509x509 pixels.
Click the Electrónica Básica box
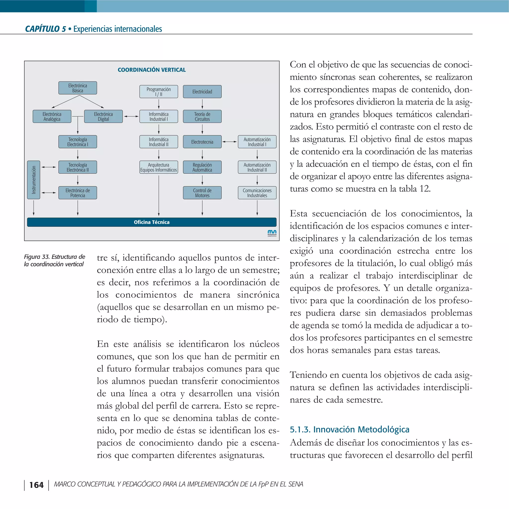[78, 88]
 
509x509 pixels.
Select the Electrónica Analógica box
[52, 117]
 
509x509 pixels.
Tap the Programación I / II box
[159, 92]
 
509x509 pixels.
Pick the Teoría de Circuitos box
[202, 117]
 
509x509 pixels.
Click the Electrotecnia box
[202, 142]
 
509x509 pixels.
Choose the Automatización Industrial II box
[257, 167]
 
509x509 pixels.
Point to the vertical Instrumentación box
[34, 180]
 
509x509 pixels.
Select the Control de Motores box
[202, 193]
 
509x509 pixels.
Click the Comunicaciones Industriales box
[257, 193]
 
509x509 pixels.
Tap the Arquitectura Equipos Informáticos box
[159, 167]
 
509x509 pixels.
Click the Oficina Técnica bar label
[152, 222]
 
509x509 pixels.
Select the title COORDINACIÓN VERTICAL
[152, 70]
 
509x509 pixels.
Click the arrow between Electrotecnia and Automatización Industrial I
[229, 142]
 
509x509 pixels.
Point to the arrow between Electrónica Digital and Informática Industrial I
[131, 116]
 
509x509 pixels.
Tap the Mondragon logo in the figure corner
[272, 233]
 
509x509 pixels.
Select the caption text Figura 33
[37, 257]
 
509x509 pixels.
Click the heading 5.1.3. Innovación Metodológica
[349, 429]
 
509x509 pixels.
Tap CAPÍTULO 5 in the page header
[45, 29]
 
